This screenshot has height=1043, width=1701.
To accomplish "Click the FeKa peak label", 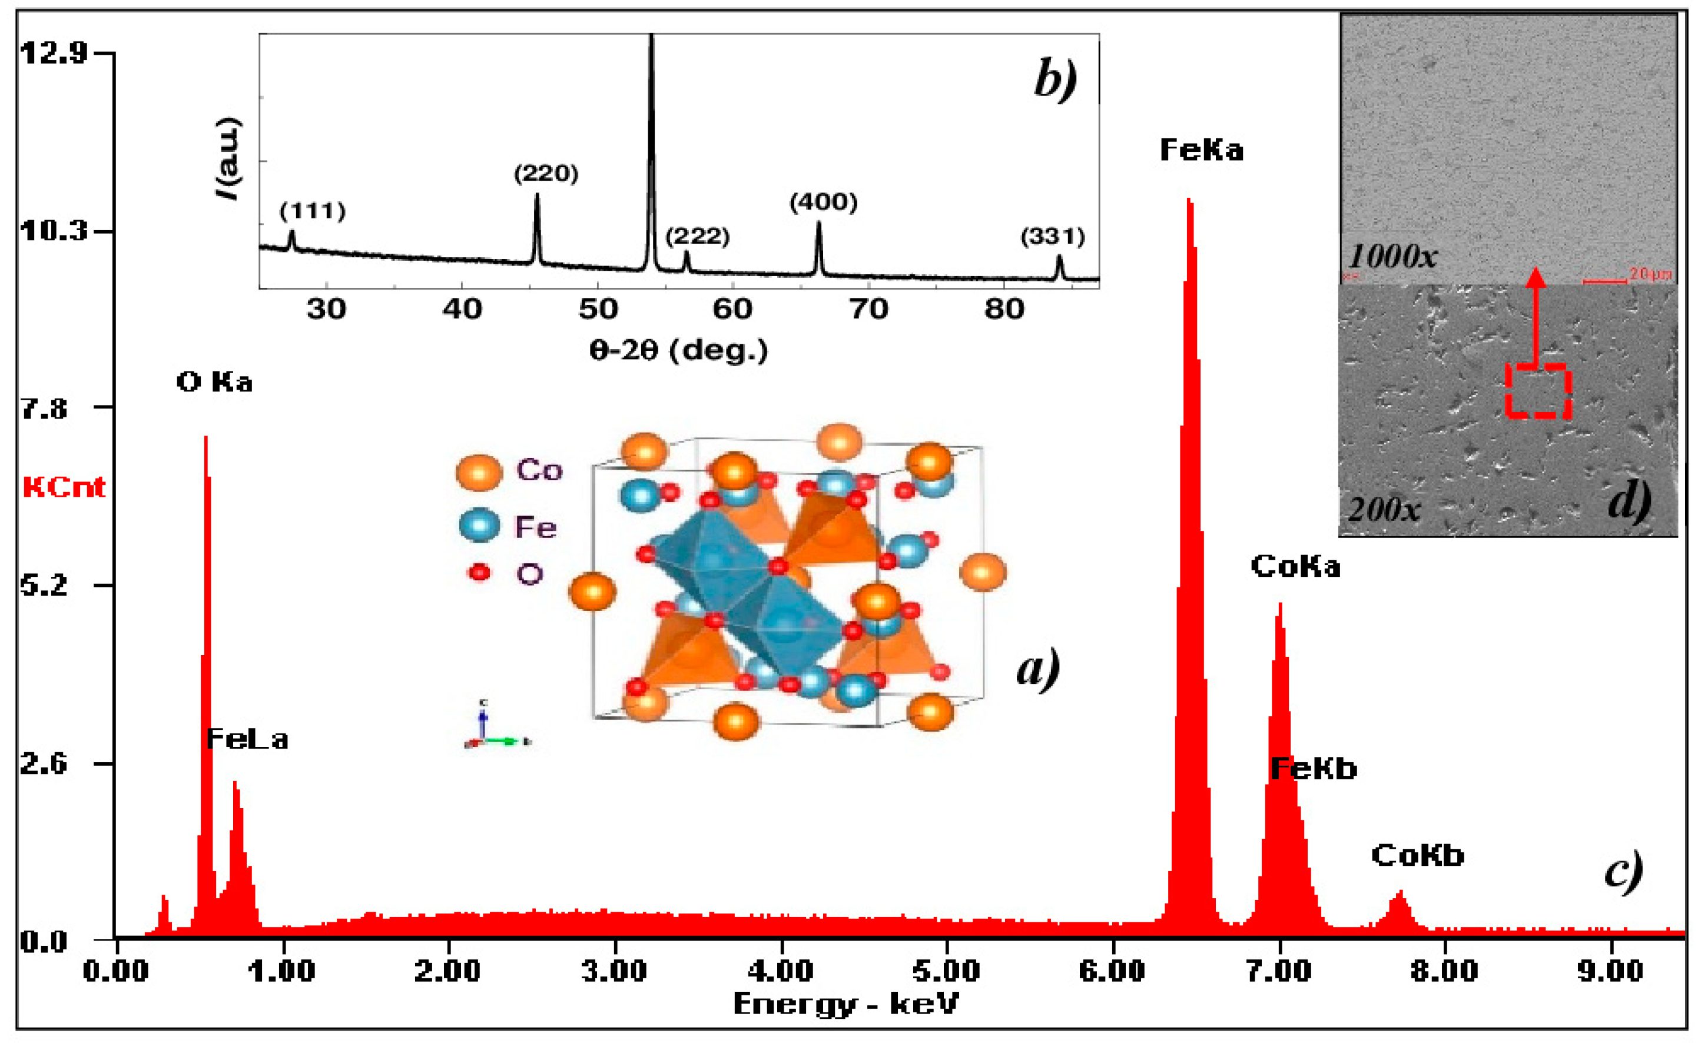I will click(1201, 150).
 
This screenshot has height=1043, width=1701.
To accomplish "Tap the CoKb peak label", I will click(1417, 856).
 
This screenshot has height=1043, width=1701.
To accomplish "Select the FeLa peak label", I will click(247, 739).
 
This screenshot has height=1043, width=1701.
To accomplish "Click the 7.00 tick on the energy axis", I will click(1278, 971).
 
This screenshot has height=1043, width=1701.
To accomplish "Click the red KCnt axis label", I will click(64, 487).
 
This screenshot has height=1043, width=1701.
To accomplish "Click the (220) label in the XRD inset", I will click(546, 173).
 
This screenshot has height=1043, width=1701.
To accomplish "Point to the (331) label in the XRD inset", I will click(1053, 237).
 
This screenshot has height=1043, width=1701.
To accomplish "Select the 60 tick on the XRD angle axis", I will click(732, 308).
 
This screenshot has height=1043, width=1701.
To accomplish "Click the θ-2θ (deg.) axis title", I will click(678, 351).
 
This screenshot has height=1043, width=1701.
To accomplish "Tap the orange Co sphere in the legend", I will click(479, 473).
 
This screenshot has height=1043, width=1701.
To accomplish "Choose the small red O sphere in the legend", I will click(479, 572).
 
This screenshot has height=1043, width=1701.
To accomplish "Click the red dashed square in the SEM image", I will click(1538, 391).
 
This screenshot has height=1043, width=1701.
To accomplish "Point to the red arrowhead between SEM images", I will click(1536, 277).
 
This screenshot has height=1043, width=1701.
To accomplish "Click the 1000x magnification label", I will click(1392, 257).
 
